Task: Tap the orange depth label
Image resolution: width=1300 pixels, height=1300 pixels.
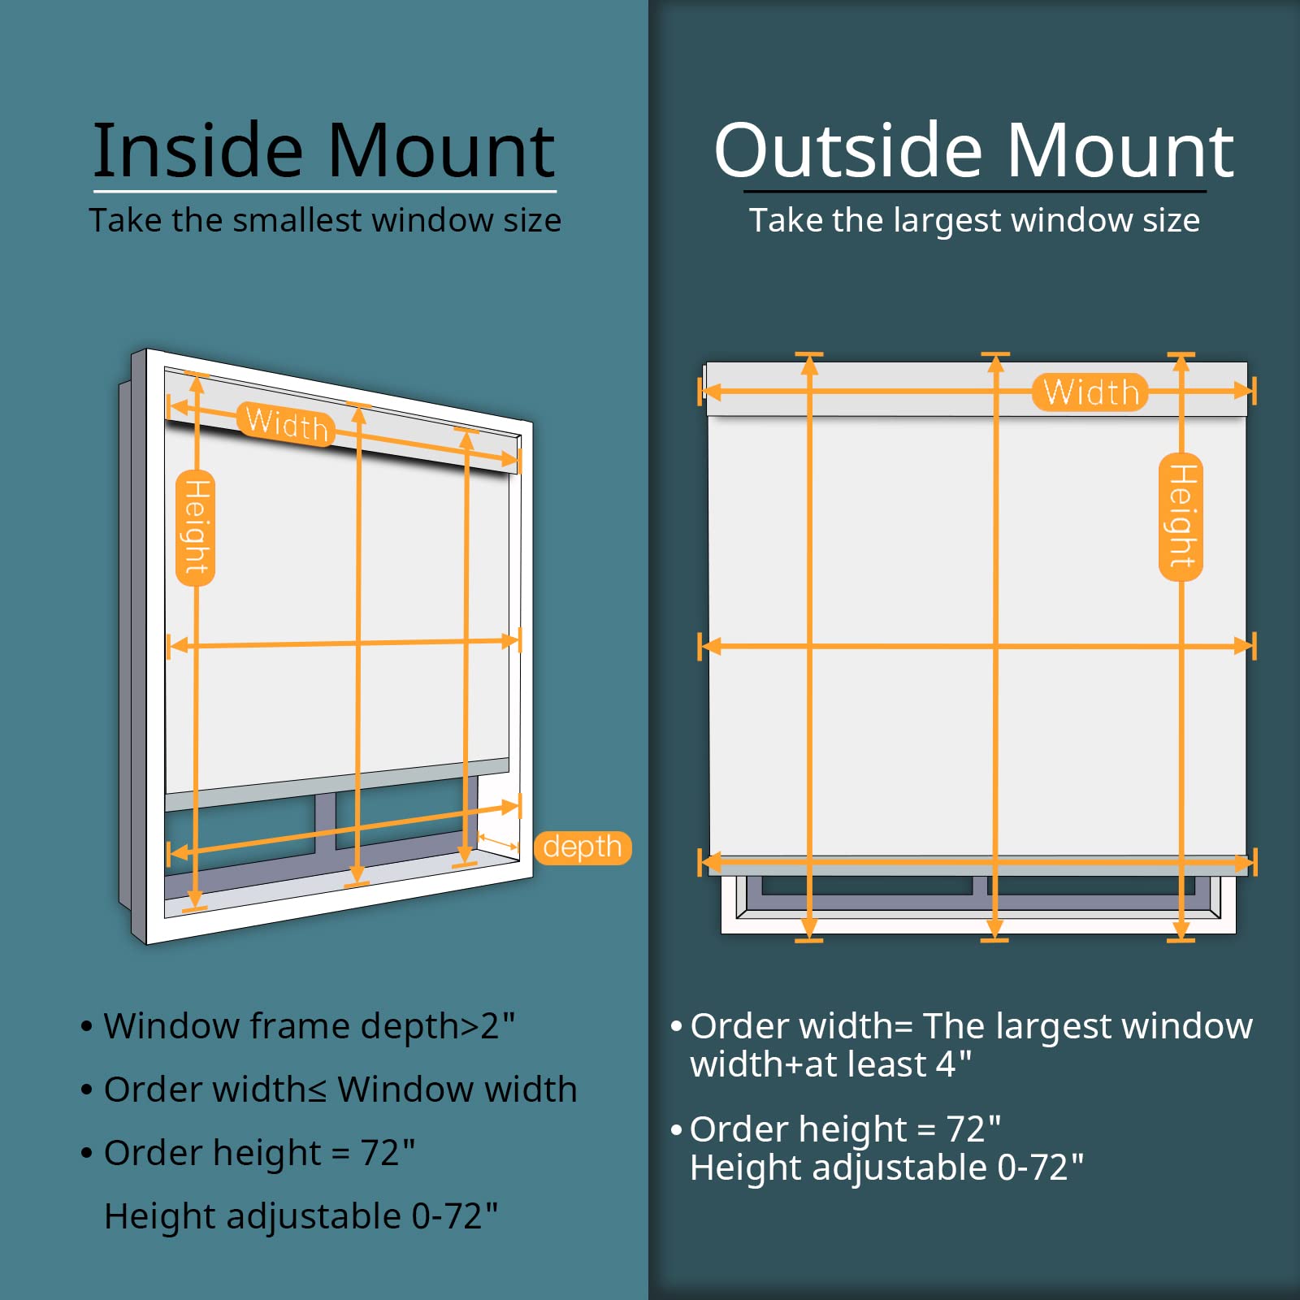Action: pyautogui.click(x=583, y=847)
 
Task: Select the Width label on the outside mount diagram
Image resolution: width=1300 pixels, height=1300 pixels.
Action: pyautogui.click(x=1090, y=392)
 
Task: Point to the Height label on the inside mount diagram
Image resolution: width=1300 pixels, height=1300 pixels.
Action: pyautogui.click(x=196, y=527)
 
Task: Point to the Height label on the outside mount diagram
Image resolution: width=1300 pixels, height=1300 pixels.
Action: pyautogui.click(x=1181, y=517)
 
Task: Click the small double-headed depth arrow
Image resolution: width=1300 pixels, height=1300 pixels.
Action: pyautogui.click(x=498, y=841)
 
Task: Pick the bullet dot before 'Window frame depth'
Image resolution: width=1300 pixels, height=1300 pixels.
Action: pyautogui.click(x=87, y=1027)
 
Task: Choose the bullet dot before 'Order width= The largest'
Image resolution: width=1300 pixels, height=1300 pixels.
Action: pyautogui.click(x=676, y=1027)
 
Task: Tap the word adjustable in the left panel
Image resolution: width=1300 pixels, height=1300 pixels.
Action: pyautogui.click(x=314, y=1217)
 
